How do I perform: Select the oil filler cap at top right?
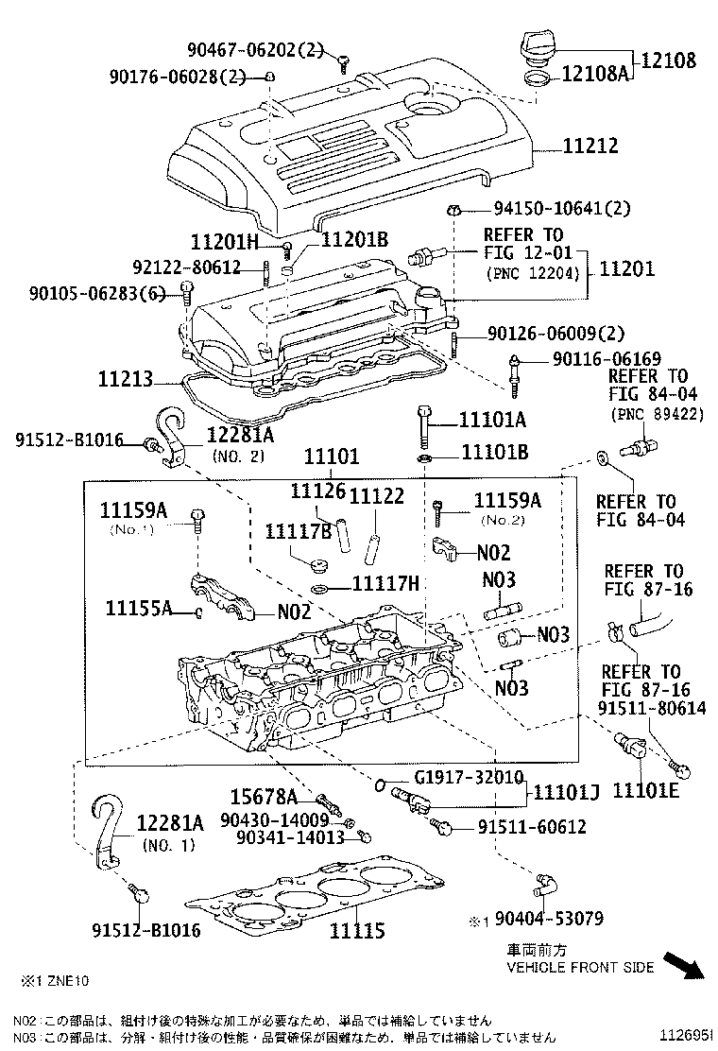coord(535,46)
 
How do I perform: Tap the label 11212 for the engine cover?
coord(590,146)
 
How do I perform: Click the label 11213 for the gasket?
coord(124,381)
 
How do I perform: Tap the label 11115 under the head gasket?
coord(357,931)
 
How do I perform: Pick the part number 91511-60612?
coord(532,827)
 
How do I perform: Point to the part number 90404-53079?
coord(548,918)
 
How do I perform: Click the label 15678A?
coord(264,797)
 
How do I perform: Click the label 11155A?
coord(138,608)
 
